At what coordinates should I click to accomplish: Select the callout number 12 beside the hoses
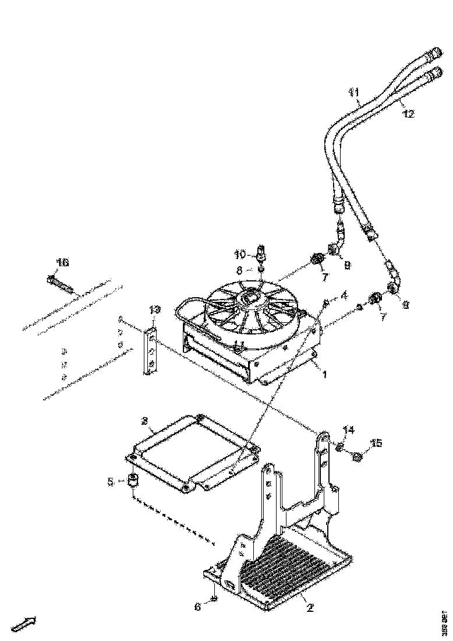pos(408,114)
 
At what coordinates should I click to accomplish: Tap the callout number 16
pos(62,263)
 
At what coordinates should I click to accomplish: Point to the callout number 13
pos(154,309)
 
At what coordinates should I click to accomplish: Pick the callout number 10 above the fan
pos(240,254)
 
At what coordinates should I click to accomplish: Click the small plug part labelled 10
pos(261,252)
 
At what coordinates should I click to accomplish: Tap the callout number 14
pos(348,431)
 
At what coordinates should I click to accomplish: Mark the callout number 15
pos(377,444)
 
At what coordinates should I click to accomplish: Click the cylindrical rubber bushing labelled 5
pos(133,482)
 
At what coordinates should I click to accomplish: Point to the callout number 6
pos(197,607)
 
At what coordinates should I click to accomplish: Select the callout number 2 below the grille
pos(310,608)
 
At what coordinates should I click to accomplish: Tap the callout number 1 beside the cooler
pos(324,376)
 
